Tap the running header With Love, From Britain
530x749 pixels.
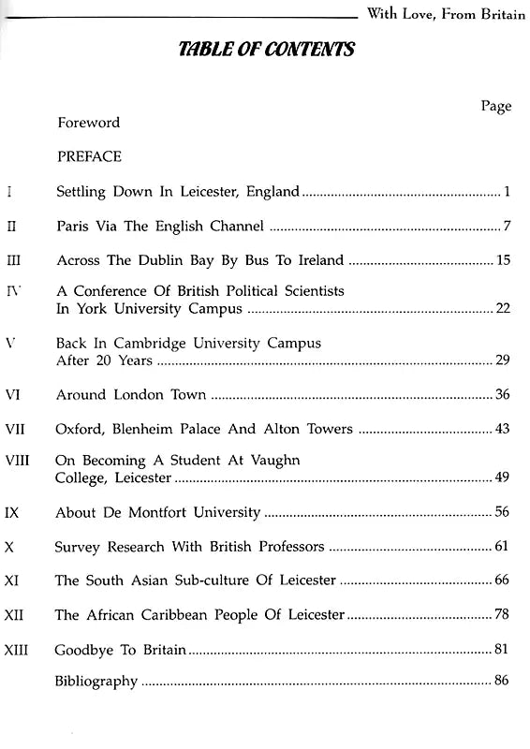pos(446,13)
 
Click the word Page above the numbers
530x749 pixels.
pos(495,106)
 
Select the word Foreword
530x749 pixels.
pos(89,123)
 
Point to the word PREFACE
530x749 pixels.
pos(89,156)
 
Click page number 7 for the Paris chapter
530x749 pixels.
pos(506,226)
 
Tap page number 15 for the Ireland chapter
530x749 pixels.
pos(503,259)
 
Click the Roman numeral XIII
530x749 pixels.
pos(19,649)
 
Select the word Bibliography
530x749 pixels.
pos(96,681)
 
